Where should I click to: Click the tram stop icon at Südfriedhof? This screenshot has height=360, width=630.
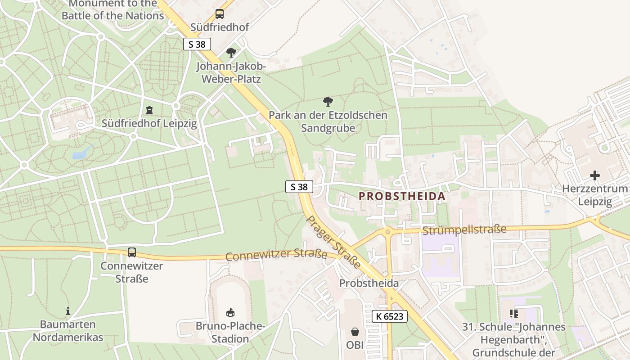220,14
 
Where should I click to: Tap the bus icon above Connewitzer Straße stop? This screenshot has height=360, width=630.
131,252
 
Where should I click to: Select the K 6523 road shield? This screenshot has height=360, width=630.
390,316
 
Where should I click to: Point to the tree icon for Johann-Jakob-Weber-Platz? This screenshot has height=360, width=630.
231,53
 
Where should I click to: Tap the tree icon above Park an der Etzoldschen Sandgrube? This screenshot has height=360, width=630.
328,102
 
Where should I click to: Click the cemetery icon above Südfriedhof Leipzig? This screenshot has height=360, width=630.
149,110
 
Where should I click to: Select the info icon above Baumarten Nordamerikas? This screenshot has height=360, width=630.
68,311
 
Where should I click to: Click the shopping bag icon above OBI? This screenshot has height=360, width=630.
355,332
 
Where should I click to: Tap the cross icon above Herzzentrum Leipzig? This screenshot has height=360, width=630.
595,175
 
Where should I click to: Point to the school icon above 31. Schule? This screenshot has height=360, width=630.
514,313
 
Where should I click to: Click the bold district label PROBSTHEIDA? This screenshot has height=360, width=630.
402,196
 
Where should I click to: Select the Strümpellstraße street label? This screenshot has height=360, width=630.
464,230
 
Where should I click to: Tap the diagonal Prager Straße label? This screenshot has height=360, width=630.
333,242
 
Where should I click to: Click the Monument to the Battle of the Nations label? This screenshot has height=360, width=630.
112,10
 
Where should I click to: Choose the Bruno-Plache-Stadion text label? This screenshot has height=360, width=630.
230,332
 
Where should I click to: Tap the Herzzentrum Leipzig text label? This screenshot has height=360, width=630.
595,195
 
